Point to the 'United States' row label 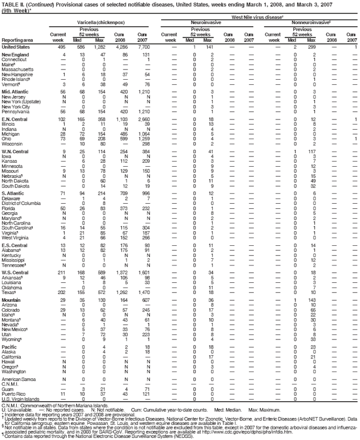(x=16, y=47)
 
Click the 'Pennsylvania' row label (x=16, y=111)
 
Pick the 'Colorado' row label (x=12, y=309)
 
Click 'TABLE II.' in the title (x=11, y=3)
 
